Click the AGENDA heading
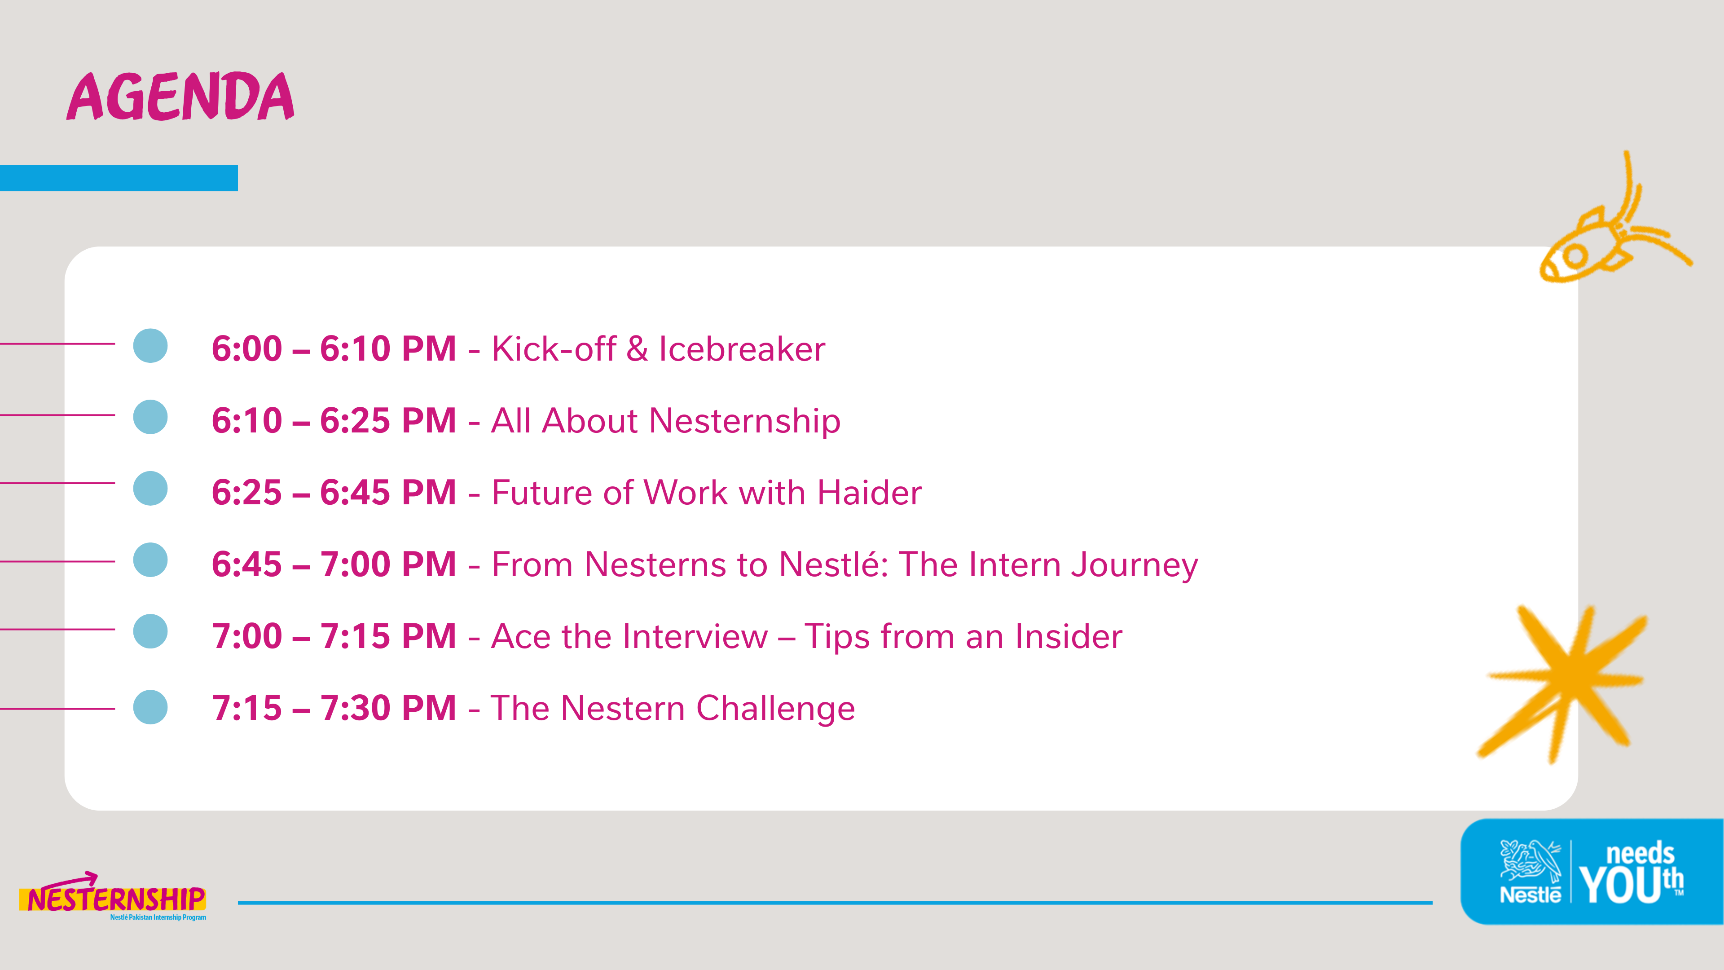[180, 97]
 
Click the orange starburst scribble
[1563, 683]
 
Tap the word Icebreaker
[742, 349]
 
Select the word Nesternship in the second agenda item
[745, 422]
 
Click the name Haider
[869, 493]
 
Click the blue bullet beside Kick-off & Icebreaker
[150, 345]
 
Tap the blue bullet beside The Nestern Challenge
[150, 707]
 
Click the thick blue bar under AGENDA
[119, 178]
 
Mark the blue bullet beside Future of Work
[150, 488]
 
